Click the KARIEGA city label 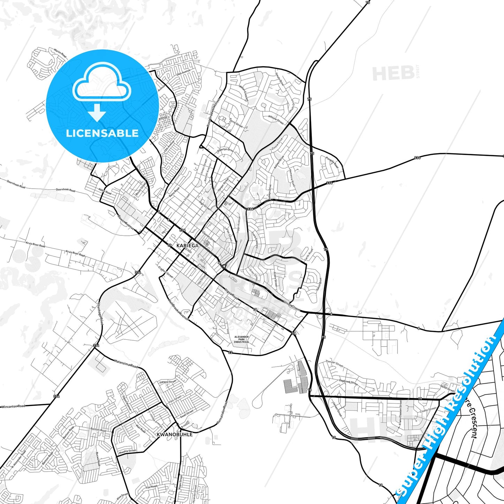tap(187, 246)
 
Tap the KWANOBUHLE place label tap(175, 435)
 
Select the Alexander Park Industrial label tap(241, 339)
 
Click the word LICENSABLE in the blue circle tap(102, 133)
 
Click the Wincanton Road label tap(13, 407)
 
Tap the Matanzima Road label tap(126, 363)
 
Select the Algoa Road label tap(232, 294)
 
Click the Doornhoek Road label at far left tap(16, 184)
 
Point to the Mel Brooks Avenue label tap(178, 309)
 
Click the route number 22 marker tap(230, 352)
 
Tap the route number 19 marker tap(420, 398)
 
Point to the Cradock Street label tap(166, 272)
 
